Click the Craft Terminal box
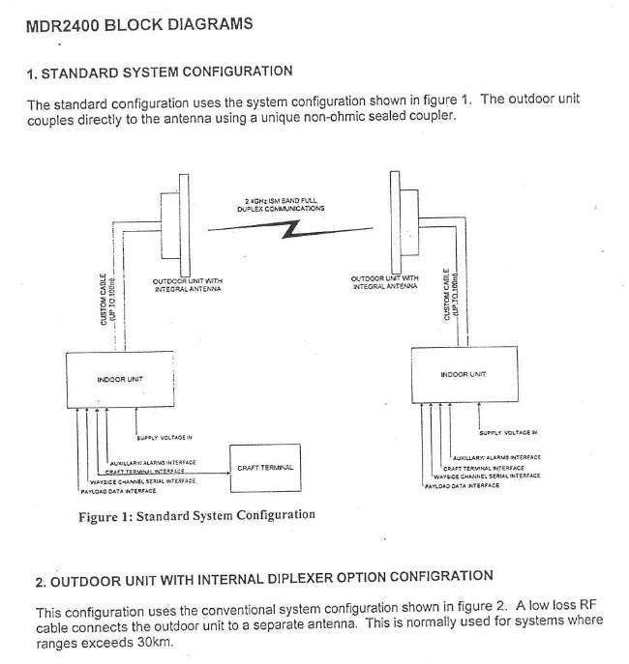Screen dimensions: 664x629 tap(265, 467)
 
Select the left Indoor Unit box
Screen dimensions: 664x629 tap(120, 379)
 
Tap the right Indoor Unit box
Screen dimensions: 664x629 tap(463, 373)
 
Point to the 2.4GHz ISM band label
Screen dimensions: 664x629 tap(280, 205)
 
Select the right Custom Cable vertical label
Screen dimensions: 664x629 tap(448, 294)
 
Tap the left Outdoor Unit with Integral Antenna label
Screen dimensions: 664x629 tap(187, 285)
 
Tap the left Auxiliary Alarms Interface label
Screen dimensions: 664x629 tap(153, 463)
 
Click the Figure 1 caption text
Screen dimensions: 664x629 tap(196, 515)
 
